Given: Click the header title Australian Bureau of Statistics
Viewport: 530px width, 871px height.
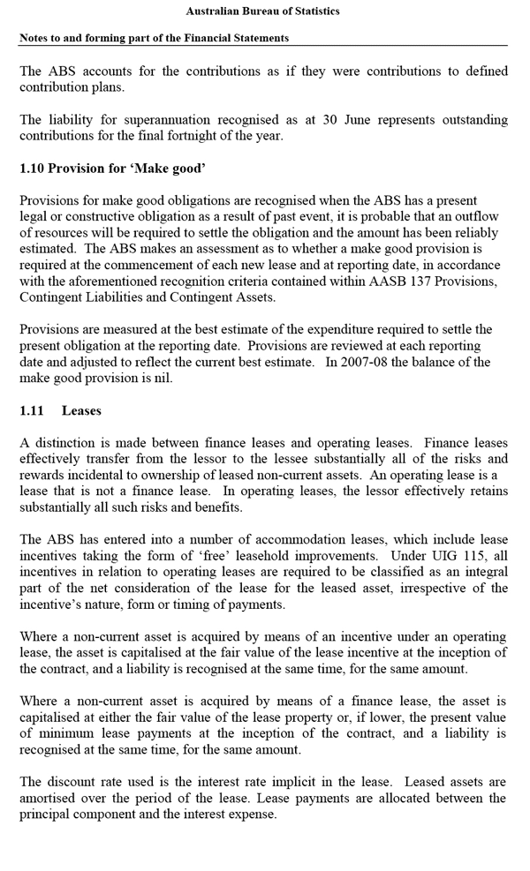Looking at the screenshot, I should tap(263, 11).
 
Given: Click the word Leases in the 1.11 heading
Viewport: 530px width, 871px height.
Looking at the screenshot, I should tap(81, 410).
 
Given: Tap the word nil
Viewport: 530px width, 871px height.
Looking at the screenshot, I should tap(161, 378).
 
